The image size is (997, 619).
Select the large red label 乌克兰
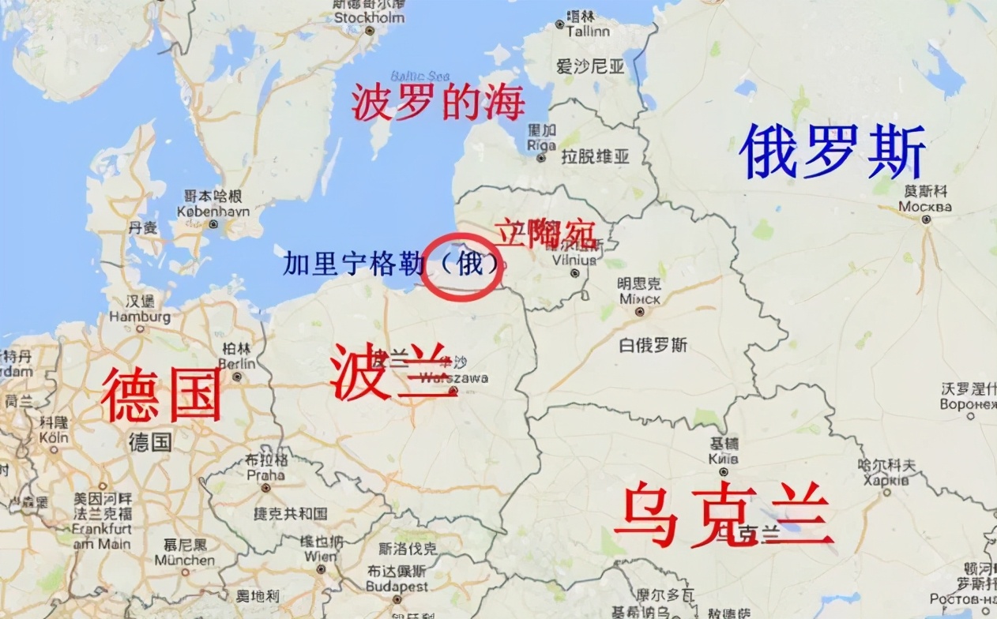click(724, 516)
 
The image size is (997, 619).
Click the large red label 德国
click(162, 395)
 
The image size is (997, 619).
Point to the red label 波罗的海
click(438, 103)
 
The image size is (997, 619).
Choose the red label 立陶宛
click(545, 231)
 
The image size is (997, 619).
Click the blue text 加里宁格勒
click(350, 264)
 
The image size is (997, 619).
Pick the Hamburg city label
click(141, 317)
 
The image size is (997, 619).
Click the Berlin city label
click(238, 363)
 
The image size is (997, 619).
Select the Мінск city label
click(640, 299)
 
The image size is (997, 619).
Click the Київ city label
click(723, 459)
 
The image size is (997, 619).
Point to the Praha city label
click(265, 475)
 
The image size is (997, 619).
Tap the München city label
click(185, 560)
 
